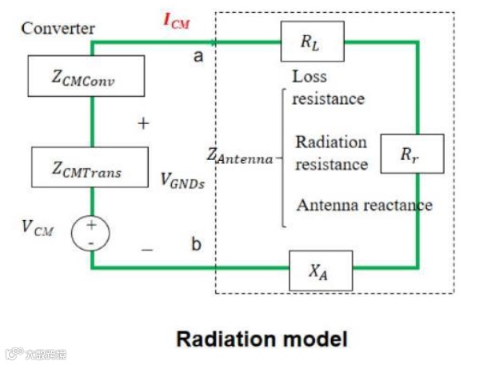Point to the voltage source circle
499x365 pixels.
coord(91,232)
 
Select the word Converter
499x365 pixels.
coord(58,29)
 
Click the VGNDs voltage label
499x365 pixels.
coord(182,179)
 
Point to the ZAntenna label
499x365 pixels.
coord(241,158)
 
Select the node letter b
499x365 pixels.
coord(196,244)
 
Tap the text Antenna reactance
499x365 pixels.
coord(364,205)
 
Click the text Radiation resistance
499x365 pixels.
coord(331,153)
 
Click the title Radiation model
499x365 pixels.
coord(261,339)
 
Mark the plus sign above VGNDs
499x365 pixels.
coord(144,124)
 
